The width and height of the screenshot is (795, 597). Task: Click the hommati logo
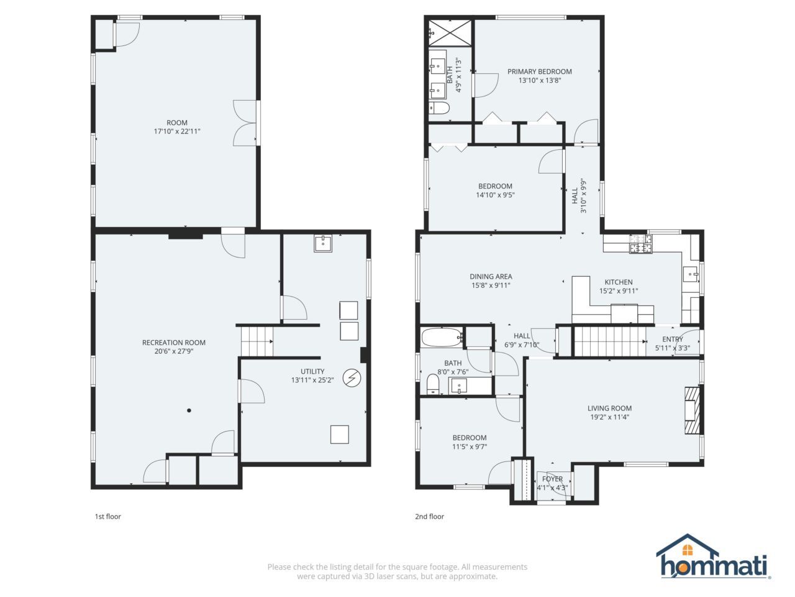[x=714, y=557]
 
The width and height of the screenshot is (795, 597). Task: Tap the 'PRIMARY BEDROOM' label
[x=539, y=72]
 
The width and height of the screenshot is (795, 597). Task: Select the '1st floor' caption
[x=107, y=516]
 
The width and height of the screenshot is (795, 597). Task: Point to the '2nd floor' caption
[x=429, y=516]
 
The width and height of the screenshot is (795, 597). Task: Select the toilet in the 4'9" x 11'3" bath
[x=440, y=108]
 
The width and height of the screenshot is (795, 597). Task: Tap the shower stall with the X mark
[x=448, y=31]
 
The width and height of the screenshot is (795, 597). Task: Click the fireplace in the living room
[x=693, y=410]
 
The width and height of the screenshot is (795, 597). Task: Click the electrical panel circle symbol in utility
[x=352, y=377]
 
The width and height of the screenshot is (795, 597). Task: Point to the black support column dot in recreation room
[x=189, y=410]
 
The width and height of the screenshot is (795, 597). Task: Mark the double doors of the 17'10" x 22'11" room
[x=245, y=123]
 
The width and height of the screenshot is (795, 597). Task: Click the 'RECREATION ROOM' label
[x=173, y=343]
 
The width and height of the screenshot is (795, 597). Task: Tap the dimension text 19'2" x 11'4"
[x=609, y=417]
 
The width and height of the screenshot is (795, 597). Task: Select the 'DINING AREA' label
[x=491, y=277]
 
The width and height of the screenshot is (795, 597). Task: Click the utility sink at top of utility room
[x=323, y=243]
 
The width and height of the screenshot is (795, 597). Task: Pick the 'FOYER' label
[x=552, y=479]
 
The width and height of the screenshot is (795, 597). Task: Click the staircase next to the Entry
[x=609, y=342]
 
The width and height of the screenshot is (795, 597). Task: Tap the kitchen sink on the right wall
[x=691, y=274]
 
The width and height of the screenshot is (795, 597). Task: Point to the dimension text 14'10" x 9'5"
[x=495, y=195]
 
